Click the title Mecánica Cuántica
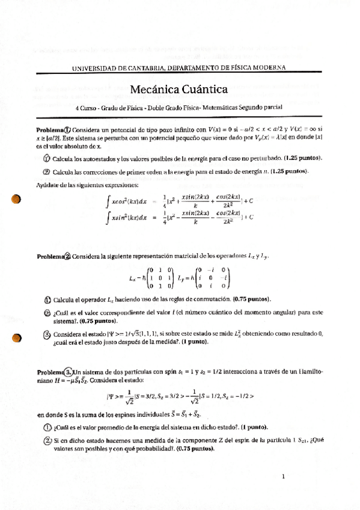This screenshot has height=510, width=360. click(x=178, y=90)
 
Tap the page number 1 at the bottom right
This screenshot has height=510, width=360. click(x=282, y=477)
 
